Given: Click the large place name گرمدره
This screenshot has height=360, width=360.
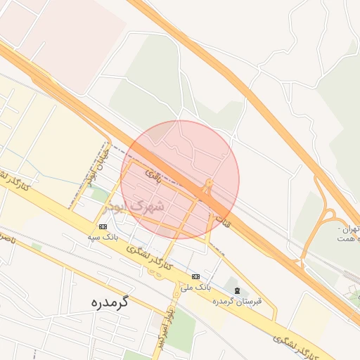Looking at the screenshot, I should (x=111, y=302).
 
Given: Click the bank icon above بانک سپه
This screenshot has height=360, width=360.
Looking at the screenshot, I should (x=103, y=226).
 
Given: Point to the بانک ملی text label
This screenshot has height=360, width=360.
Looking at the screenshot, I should (x=195, y=288).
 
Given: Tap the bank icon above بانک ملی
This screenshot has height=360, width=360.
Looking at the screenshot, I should (x=195, y=276).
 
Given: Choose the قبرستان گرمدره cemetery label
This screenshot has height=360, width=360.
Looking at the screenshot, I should (x=238, y=301).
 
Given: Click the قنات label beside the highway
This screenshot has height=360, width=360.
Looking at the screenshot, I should (x=224, y=219).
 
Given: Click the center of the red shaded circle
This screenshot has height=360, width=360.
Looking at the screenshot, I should (x=180, y=180).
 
